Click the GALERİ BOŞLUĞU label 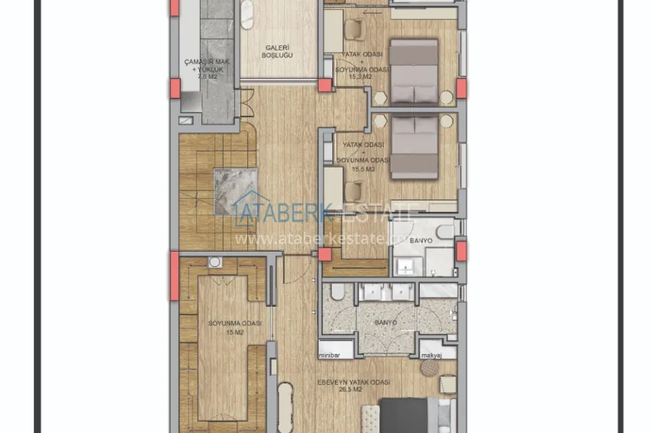click(x=277, y=50)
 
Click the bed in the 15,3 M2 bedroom click(x=414, y=72)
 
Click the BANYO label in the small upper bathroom click(x=420, y=241)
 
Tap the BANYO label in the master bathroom click(x=385, y=323)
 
